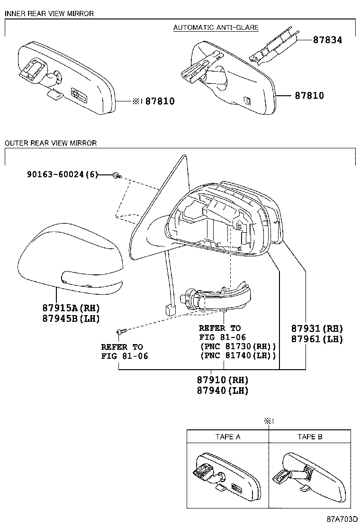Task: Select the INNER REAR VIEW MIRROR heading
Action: coord(49,14)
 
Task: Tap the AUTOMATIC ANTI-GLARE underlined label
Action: coord(216,27)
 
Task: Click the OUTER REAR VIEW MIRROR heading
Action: coord(51,143)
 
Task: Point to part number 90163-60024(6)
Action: coord(62,175)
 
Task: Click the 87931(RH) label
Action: coord(316,328)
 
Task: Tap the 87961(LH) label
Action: coord(316,339)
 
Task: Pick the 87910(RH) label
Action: coord(223,380)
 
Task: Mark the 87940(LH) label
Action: coord(223,391)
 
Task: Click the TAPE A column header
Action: coord(228,436)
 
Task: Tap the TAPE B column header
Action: coord(310,436)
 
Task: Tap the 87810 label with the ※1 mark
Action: coord(154,101)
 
